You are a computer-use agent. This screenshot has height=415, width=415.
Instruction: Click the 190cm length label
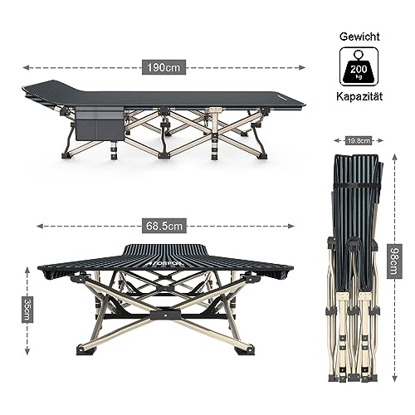pos(164,67)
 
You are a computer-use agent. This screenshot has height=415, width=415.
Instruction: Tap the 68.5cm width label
pos(164,226)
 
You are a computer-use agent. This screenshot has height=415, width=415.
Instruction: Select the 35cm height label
pos(27,310)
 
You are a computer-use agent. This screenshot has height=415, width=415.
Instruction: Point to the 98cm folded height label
pos(394,261)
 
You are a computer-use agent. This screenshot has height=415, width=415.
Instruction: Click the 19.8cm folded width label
pos(359,140)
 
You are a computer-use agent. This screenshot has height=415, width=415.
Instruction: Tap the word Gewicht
pos(359,37)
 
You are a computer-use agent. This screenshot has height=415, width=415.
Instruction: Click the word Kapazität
pos(359,96)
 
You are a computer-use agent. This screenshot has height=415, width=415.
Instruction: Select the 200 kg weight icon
pos(359,66)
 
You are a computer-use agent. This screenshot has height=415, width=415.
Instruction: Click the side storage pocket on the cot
pos(100,124)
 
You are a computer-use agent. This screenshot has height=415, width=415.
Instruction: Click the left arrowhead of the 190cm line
pos(26,67)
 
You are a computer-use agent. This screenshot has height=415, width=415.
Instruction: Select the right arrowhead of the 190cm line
pos(302,67)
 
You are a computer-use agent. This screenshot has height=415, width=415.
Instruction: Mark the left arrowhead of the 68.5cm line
pos(40,226)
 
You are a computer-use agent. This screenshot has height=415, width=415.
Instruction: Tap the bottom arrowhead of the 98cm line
pos(395,378)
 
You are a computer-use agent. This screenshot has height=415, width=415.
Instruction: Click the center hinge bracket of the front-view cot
pos(165,315)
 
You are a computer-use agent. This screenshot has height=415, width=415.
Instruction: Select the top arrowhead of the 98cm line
pos(395,158)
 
